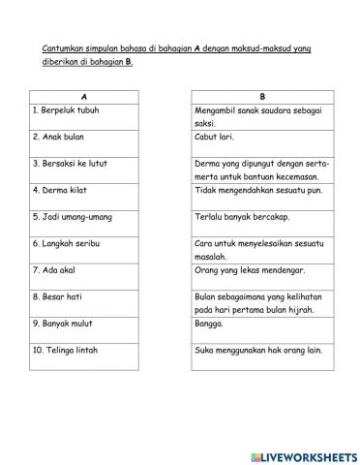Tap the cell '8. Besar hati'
(83, 301)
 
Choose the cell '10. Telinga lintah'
(83, 355)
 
